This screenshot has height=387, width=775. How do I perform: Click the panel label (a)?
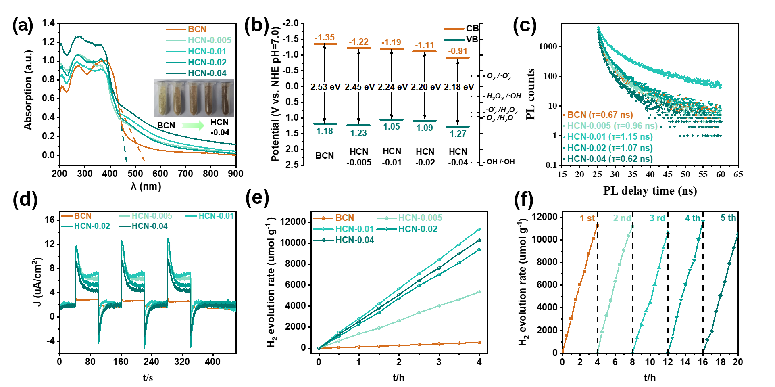point(23,26)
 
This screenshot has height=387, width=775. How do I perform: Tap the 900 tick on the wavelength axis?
point(236,174)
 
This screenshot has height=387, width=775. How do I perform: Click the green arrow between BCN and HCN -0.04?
point(193,126)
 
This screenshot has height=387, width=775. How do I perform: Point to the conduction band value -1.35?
point(325,38)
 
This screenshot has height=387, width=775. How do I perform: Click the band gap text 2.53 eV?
point(325,87)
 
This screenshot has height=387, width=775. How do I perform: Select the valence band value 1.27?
point(458,134)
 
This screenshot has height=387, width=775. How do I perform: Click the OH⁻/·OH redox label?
point(500,162)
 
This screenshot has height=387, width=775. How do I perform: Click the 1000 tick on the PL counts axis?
point(548,46)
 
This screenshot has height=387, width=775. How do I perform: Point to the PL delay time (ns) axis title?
point(650,190)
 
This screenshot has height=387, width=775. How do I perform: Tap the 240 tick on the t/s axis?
point(151,361)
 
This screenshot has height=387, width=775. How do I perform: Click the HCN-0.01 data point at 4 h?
point(479,229)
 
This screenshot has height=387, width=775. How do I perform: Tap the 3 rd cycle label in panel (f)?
point(657,218)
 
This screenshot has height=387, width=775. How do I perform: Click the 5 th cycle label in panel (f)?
point(728,218)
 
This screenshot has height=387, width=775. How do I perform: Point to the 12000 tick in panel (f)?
point(544,217)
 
